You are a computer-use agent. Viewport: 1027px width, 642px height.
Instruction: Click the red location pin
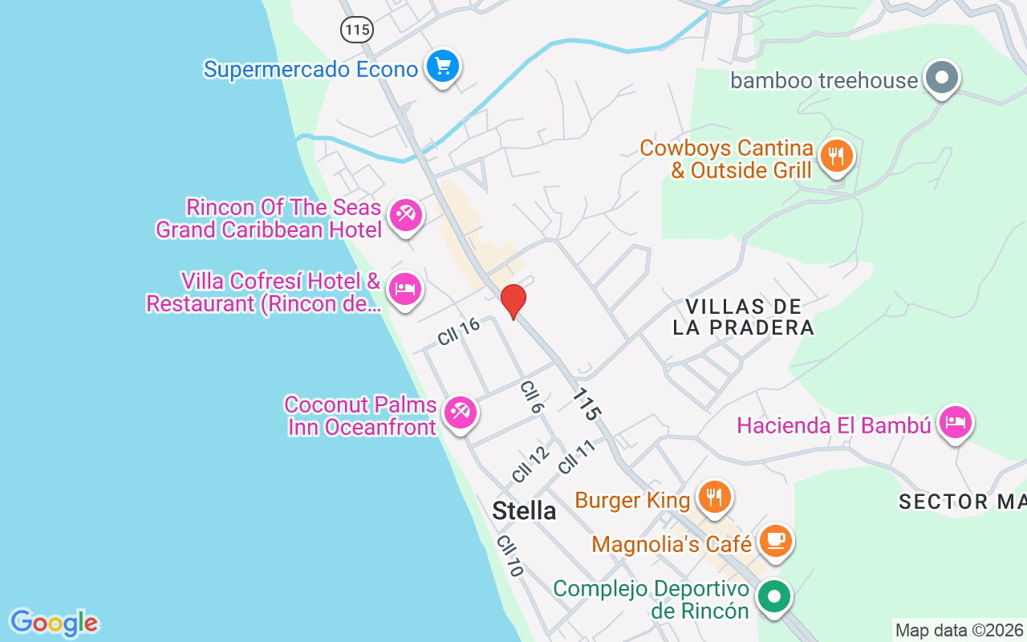[x=513, y=301]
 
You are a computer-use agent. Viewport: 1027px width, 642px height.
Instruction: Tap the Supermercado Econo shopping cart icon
[x=442, y=66]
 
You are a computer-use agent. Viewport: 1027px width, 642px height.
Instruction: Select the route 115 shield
[x=356, y=30]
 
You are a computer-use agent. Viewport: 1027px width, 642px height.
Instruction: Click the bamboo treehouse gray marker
[x=942, y=78]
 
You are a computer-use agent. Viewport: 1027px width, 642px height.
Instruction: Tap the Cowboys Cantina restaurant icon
[x=837, y=156]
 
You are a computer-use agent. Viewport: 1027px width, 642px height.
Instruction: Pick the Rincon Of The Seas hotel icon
[x=405, y=215]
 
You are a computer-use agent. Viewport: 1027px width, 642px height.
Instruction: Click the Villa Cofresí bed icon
[x=404, y=289]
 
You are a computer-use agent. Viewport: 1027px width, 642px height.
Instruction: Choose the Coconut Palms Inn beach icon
[x=460, y=412]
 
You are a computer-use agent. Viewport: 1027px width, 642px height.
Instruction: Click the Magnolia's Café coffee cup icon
[x=774, y=540]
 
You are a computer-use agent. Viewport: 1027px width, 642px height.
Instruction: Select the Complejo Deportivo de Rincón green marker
[x=774, y=597]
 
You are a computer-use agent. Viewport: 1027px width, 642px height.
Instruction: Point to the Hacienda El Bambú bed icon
[x=955, y=421]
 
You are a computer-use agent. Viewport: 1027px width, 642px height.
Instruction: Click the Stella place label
[x=524, y=510]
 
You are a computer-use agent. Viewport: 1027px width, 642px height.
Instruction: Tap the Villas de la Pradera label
[x=744, y=317]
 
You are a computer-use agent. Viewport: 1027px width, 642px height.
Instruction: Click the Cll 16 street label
[x=458, y=331]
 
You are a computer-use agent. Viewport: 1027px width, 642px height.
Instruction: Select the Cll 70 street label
[x=509, y=555]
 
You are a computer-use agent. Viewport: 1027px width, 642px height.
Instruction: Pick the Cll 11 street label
[x=578, y=457]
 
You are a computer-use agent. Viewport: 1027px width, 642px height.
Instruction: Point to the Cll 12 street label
[x=530, y=464]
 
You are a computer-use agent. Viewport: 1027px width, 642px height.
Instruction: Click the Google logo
[x=54, y=623]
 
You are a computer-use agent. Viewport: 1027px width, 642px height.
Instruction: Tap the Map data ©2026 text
[x=959, y=630]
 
